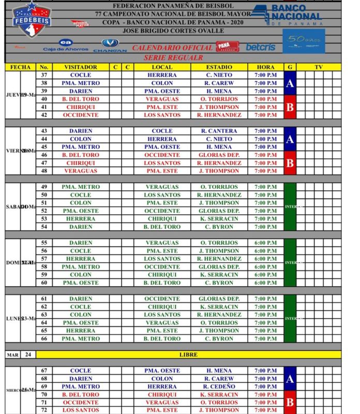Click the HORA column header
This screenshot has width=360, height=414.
(265, 67)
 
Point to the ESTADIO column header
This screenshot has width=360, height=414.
(219, 67)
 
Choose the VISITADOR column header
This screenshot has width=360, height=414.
(80, 67)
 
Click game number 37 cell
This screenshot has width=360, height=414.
(44, 75)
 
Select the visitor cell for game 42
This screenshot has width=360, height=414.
(80, 115)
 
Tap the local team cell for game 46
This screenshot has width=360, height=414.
(162, 155)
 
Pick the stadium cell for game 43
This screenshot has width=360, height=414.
(219, 131)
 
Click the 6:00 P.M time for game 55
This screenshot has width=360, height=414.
(265, 243)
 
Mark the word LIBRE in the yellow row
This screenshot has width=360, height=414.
(188, 354)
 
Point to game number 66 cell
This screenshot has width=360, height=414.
(44, 338)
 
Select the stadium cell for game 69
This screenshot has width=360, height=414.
(219, 387)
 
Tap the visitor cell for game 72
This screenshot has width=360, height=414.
(80, 410)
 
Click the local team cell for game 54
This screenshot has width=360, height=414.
(162, 227)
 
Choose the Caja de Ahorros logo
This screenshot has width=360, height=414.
(65, 46)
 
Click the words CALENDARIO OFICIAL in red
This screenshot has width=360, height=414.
(172, 48)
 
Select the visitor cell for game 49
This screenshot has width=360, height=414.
(80, 187)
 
